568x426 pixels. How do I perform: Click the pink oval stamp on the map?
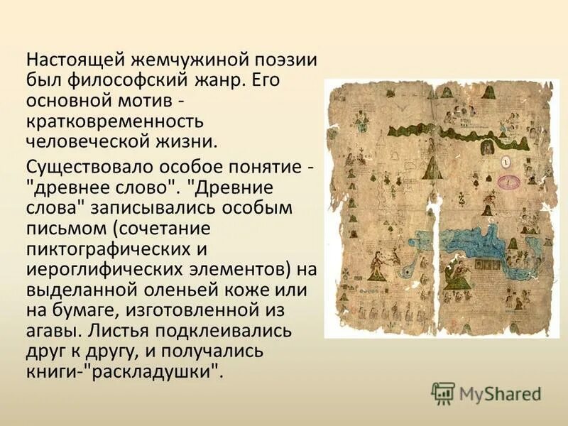click(509, 182)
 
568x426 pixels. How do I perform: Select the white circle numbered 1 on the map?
click(506, 163)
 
